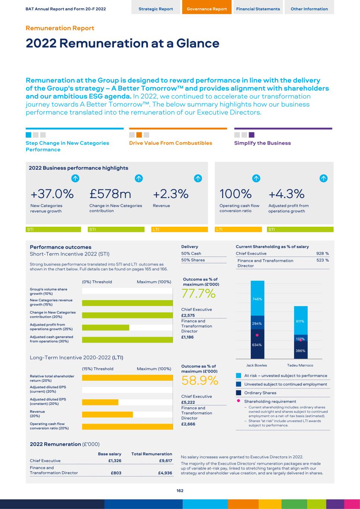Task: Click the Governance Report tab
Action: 206,9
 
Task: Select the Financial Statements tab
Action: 258,9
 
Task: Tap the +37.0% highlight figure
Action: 52,194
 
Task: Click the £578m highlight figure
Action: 110,194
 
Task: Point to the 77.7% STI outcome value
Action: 198,294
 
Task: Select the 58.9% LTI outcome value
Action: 199,381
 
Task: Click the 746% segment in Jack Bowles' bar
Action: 257,299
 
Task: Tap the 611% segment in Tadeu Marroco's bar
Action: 300,321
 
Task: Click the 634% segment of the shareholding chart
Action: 257,345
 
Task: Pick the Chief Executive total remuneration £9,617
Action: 165,461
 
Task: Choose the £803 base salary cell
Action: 116,473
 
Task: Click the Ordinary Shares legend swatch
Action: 239,393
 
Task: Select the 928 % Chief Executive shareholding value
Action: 322,254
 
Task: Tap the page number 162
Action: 180,491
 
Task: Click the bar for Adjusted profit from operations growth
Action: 105,327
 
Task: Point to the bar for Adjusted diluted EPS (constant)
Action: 100,402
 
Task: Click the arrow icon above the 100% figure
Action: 256,178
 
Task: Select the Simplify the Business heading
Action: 262,143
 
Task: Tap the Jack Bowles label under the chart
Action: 256,365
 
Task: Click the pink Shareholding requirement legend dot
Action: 238,401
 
